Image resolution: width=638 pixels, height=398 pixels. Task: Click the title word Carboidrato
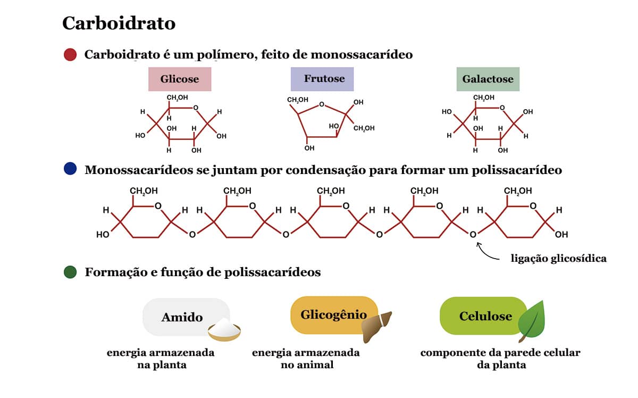pos(119,23)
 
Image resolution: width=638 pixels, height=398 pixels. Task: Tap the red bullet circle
pos(70,54)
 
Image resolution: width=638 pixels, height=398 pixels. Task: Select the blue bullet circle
pos(70,169)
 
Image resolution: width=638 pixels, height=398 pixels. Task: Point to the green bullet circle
pos(70,272)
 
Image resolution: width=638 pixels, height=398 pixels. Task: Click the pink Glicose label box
pos(180,79)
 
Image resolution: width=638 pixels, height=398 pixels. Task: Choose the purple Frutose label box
pos(322,79)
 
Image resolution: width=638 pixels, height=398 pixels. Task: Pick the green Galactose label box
pos(488,79)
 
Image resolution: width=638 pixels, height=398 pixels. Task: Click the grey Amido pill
pos(182,317)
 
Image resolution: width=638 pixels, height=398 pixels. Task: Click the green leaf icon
pos(532,321)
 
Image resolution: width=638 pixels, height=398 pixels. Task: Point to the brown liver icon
pos(376,326)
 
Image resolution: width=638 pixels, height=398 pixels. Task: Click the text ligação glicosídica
pos(558,259)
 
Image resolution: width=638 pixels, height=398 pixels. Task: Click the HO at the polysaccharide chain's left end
pos(103,234)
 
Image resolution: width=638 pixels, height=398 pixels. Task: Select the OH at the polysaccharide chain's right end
pos(561,234)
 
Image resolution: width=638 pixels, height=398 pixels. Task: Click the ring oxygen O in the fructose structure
pos(322,105)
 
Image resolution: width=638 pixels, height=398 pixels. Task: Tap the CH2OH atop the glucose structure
pos(177,97)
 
